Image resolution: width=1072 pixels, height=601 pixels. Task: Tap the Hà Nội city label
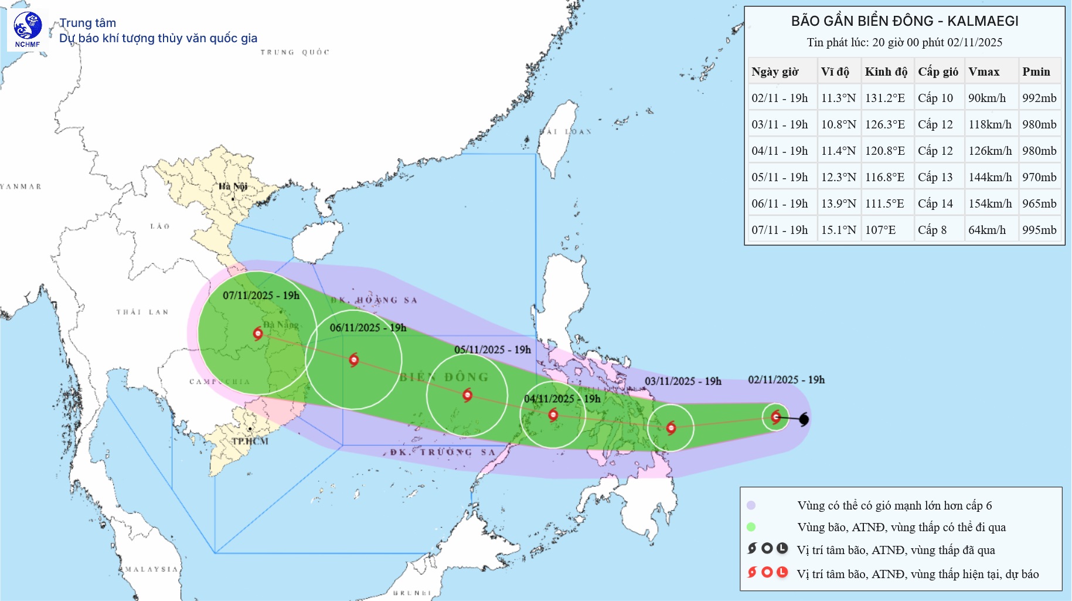click(x=233, y=186)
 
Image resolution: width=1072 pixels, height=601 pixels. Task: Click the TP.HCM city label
click(x=250, y=441)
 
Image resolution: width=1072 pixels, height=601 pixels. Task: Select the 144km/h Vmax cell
click(x=990, y=177)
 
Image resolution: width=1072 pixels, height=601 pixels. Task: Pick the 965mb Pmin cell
click(x=1039, y=203)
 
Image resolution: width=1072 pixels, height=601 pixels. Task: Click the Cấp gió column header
click(x=938, y=72)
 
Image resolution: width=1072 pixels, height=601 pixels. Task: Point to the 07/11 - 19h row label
click(x=780, y=230)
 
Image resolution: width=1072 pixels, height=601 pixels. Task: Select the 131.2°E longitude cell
click(x=885, y=98)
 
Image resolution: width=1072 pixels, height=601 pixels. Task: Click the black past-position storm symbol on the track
click(x=804, y=419)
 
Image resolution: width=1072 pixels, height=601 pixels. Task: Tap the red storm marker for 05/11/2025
click(x=467, y=395)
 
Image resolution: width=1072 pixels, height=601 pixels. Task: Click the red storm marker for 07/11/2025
click(x=258, y=334)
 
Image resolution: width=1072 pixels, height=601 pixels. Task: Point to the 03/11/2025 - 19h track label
click(x=683, y=381)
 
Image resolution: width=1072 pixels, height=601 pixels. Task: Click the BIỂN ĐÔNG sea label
click(x=444, y=377)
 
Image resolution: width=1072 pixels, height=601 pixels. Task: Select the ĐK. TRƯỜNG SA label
click(x=443, y=452)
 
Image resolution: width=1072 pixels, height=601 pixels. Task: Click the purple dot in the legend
click(x=751, y=505)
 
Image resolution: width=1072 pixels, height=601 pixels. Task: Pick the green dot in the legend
click(x=751, y=527)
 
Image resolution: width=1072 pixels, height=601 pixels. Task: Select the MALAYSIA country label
click(x=151, y=569)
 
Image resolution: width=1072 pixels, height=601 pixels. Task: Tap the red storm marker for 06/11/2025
click(x=353, y=359)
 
